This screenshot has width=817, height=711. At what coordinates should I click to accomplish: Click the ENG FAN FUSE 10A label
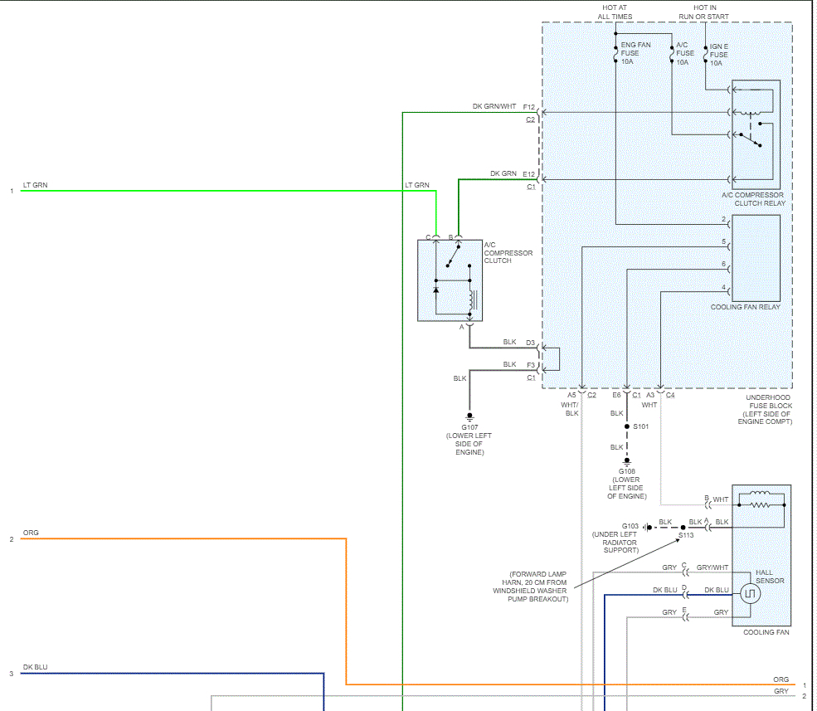[x=635, y=53]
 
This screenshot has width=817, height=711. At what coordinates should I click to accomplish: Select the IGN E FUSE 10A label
[x=718, y=55]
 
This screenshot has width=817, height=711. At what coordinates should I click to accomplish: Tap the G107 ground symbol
[x=469, y=417]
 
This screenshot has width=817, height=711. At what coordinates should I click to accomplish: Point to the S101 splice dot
[x=627, y=426]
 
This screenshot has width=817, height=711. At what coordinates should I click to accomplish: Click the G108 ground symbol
[x=627, y=461]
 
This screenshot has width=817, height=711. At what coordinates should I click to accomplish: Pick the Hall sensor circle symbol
[x=751, y=594]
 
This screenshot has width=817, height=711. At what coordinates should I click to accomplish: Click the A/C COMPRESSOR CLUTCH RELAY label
[x=753, y=199]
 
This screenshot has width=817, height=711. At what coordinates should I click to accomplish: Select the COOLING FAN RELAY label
[x=746, y=307]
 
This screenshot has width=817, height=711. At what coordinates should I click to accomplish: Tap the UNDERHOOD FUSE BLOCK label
[x=765, y=409]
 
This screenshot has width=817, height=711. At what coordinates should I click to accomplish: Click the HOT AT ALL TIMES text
[x=615, y=12]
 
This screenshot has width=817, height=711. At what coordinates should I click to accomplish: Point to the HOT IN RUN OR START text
[x=704, y=12]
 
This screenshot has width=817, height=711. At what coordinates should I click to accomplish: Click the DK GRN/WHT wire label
[x=494, y=106]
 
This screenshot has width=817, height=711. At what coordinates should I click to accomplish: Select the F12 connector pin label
[x=529, y=107]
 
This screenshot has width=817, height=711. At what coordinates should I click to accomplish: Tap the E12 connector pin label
[x=529, y=174]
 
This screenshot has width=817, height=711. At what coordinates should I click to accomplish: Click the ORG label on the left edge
[x=31, y=533]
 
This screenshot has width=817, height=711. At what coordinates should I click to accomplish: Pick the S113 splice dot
[x=683, y=528]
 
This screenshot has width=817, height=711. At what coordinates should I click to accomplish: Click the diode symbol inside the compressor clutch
[x=436, y=290]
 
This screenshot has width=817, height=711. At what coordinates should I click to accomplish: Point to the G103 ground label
[x=630, y=527]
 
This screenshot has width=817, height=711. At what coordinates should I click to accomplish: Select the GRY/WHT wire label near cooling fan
[x=712, y=567]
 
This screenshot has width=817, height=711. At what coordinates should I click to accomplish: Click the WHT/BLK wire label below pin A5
[x=570, y=409]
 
